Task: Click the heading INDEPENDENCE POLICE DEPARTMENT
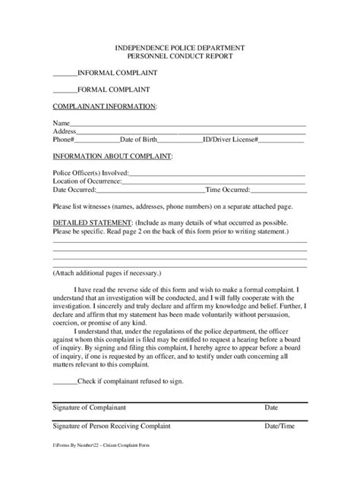point(179,47)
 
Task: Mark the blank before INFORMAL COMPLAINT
point(65,74)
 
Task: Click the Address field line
point(191,132)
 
